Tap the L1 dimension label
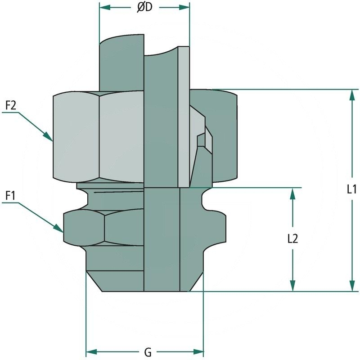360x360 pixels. click(352, 189)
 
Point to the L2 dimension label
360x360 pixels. click(293, 239)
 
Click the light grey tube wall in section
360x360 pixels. click(184, 117)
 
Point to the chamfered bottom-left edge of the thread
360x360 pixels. click(94, 281)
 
